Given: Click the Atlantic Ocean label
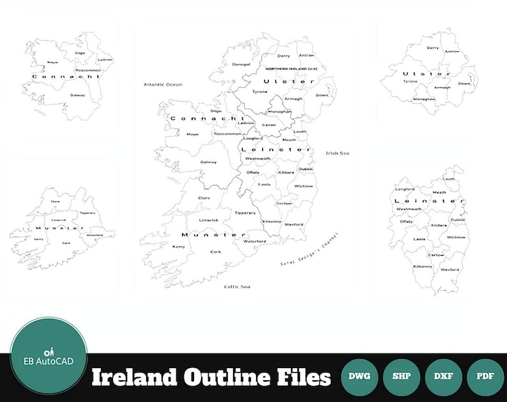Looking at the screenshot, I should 163,84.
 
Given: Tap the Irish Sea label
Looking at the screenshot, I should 337,153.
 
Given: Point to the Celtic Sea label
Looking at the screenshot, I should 237,286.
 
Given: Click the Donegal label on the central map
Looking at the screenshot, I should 241,64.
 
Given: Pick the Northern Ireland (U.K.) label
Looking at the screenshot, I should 291,68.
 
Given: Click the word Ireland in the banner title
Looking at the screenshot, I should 132,378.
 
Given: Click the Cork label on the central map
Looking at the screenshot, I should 216,252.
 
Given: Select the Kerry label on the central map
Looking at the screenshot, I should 179,246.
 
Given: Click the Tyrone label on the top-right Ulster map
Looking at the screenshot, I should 410,81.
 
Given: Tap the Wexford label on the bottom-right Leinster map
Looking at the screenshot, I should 450,269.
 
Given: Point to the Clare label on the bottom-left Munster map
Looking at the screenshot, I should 56,201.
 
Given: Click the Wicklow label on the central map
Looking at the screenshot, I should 303,186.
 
